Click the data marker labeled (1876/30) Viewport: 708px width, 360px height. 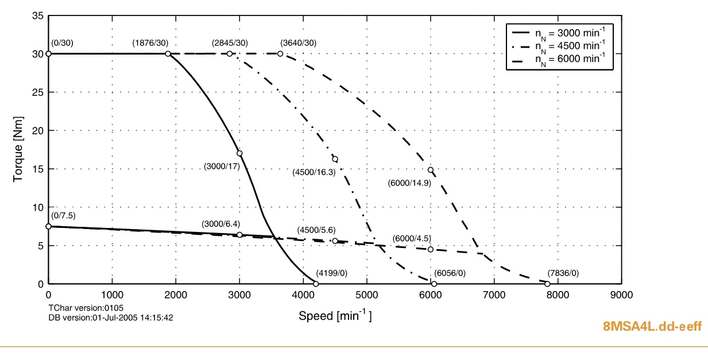168,54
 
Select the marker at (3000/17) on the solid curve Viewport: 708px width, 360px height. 239,153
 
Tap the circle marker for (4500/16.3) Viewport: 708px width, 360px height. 335,159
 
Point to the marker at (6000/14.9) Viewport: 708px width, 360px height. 430,170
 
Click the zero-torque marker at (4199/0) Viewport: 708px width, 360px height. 316,284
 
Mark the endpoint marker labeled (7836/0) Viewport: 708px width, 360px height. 547,284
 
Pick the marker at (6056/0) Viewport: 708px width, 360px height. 434,284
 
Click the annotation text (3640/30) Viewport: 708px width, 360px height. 298,43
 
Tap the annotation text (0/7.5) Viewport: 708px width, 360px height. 63,215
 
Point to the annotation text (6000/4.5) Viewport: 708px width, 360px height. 412,238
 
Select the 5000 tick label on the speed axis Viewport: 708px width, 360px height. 366,295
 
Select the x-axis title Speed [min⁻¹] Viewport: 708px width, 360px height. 335,315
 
